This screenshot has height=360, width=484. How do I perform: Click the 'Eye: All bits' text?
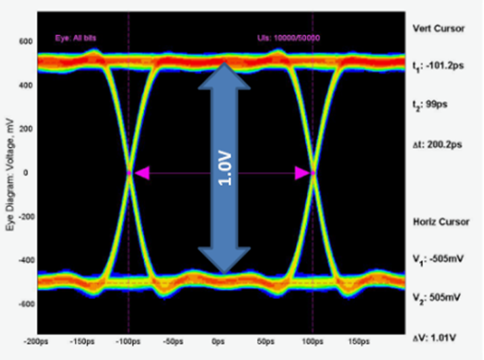tap(77, 39)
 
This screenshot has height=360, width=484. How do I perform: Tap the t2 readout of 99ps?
tap(432, 106)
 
